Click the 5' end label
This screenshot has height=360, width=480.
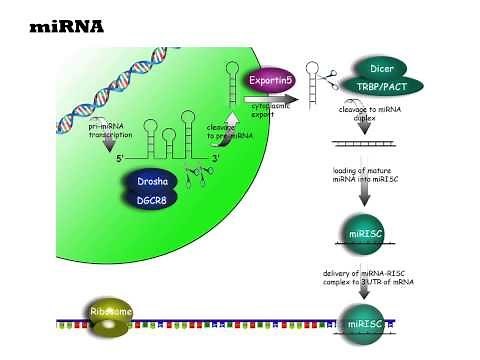coord(121,159)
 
